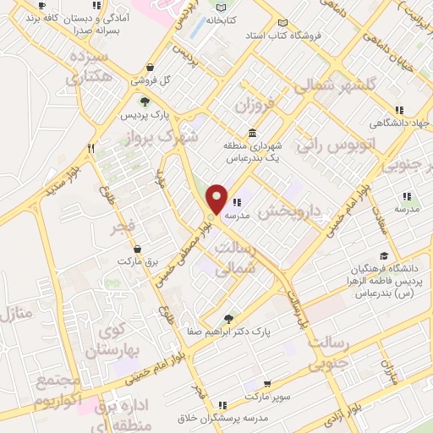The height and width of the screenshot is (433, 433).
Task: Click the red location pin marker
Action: pos(216,199)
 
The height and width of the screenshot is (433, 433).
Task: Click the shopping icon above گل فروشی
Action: pos(150,68)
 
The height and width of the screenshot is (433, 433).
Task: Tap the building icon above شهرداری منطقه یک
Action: pos(252,133)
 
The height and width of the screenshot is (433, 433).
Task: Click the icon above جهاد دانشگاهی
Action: pos(399,110)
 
